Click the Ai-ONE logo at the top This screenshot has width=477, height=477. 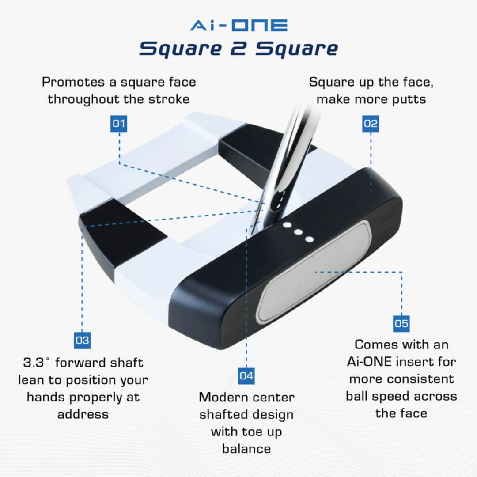coord(239,25)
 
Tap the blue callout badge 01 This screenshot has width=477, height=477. coord(119,123)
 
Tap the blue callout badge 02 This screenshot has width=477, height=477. coord(371,123)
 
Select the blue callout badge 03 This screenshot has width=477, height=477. coord(82,340)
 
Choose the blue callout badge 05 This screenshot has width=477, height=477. coord(401,323)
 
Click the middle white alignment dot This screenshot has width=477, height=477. coord(298,232)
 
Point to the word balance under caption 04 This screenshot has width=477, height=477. coord(246,449)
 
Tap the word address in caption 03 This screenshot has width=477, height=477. coord(83,414)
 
